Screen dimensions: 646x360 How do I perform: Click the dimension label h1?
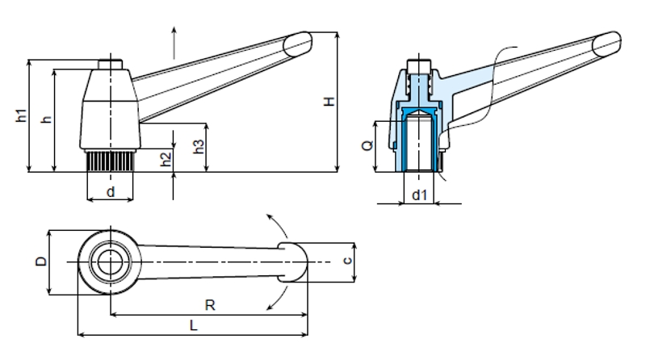(x=22, y=115)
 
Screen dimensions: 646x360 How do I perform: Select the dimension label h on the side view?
(x=47, y=119)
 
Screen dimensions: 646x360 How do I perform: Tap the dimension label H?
(x=329, y=102)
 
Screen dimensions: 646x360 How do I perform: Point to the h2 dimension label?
(x=166, y=159)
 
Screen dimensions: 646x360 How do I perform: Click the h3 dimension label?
(x=199, y=147)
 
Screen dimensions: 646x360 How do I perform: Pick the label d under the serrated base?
(x=111, y=192)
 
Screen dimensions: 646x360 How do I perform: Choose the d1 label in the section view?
(x=419, y=195)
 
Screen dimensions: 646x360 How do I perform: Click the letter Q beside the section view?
(x=367, y=145)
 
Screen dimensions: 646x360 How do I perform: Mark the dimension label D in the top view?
(x=42, y=262)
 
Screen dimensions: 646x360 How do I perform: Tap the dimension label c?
(x=348, y=261)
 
